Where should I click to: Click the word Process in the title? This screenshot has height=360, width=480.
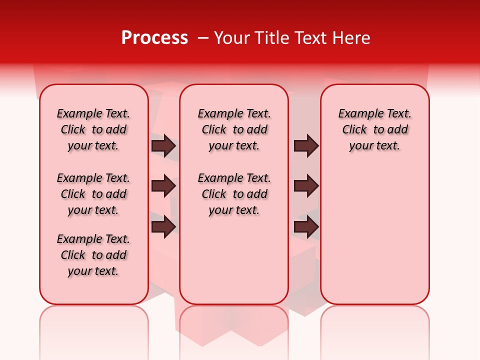point(154,38)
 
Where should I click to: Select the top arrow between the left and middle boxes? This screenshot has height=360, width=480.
point(163,145)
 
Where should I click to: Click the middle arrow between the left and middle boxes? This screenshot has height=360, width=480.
point(163,186)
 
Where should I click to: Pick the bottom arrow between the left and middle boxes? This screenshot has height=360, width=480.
point(163,227)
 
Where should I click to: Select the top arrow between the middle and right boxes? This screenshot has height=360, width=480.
point(306,145)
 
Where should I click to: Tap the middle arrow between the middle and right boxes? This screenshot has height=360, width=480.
point(306,186)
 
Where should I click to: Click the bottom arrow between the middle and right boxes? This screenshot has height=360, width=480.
point(306,227)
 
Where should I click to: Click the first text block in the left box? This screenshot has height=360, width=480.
point(93,129)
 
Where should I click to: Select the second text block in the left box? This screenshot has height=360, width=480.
point(93,194)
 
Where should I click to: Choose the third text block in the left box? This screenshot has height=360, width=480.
point(93,255)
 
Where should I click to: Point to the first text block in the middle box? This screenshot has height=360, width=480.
point(234,129)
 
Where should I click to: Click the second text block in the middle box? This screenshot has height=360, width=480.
point(234,194)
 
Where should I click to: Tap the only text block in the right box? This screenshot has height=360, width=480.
point(374,129)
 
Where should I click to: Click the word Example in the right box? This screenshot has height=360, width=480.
point(356,114)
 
